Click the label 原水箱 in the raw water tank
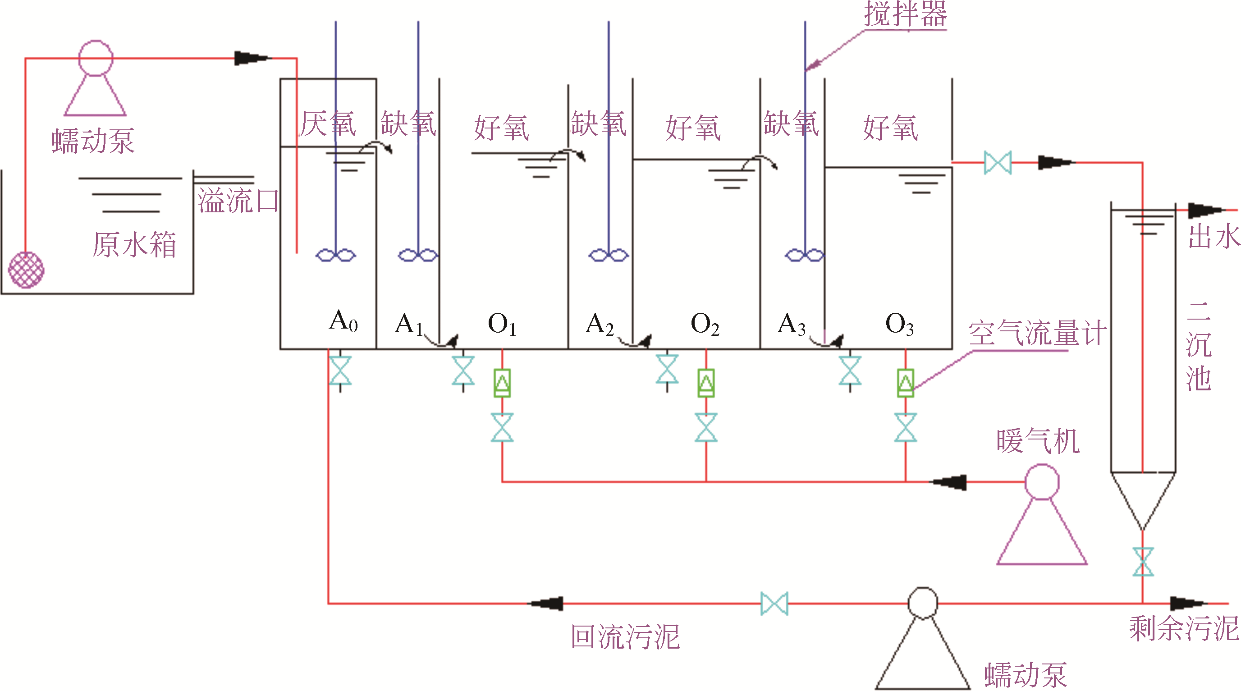point(134,245)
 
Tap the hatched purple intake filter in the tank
point(27,270)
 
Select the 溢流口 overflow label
point(238,201)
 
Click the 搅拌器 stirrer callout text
point(905,14)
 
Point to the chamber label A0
point(343,321)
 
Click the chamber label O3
point(899,324)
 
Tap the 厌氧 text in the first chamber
point(328,124)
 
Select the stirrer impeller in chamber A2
point(609,255)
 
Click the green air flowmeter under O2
point(706,383)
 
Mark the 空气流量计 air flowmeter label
point(1037,333)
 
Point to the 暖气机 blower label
point(1038,441)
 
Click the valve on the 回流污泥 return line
point(774,603)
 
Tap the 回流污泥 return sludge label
point(625,637)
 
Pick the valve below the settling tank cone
point(1143,562)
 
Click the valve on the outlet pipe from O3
point(997,163)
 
